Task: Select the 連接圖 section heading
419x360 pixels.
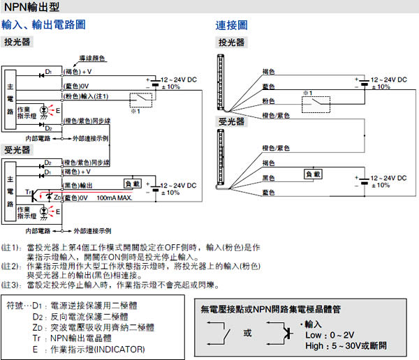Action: tap(230, 25)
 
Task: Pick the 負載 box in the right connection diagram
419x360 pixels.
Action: tap(313, 174)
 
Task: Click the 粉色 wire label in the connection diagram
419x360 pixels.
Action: tap(268, 100)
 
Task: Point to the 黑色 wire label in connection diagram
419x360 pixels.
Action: tap(268, 178)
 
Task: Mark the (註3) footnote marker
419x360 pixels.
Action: tap(12, 285)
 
